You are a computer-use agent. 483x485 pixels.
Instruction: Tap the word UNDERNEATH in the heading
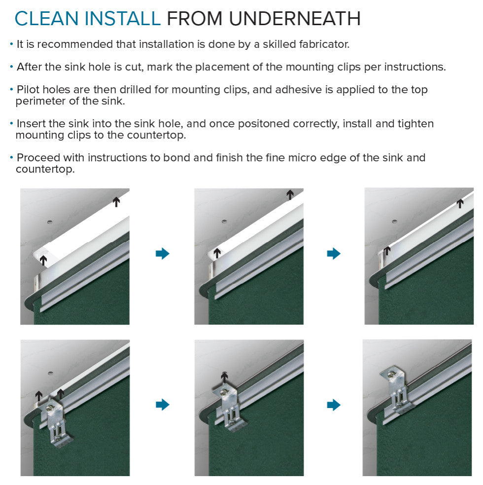click(x=295, y=19)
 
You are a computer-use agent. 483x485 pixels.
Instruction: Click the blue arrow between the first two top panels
click(x=163, y=253)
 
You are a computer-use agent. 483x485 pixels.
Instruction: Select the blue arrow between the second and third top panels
click(x=334, y=253)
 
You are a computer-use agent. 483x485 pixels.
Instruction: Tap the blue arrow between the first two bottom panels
click(x=163, y=404)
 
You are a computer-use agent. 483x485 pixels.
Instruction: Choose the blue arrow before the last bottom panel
click(x=334, y=405)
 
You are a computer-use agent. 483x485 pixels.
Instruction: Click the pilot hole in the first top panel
click(x=49, y=222)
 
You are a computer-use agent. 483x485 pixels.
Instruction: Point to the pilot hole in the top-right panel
click(x=394, y=222)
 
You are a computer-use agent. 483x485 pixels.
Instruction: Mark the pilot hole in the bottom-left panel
click(x=50, y=373)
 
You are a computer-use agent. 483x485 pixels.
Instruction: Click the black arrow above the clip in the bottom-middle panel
click(x=224, y=377)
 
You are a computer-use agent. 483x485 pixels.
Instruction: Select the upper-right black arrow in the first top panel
click(x=116, y=202)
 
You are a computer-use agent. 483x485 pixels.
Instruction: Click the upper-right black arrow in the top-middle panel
click(x=290, y=195)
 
